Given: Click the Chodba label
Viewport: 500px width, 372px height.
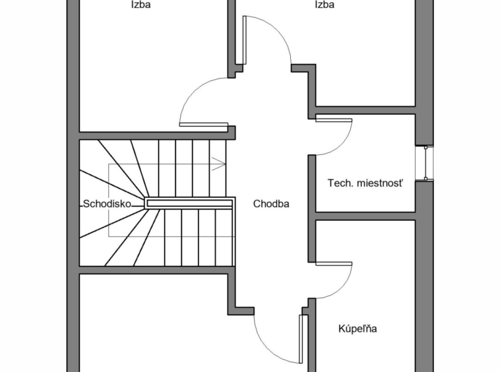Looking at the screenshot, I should coord(271,204).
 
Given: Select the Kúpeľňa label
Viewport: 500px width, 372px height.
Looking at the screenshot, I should coord(358,328).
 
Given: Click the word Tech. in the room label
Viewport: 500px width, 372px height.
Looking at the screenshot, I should coord(340,183).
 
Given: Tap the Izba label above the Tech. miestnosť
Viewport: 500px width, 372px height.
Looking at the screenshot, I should coord(324,5).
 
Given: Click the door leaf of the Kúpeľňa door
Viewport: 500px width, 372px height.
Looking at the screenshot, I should coord(333,264).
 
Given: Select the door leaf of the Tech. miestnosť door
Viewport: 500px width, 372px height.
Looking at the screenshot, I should coord(334,119).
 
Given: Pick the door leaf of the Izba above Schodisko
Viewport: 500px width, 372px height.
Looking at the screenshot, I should coord(203,124).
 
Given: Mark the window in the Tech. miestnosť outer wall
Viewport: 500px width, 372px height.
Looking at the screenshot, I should coord(427,162).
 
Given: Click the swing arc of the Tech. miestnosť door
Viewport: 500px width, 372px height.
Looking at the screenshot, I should coord(345,141).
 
